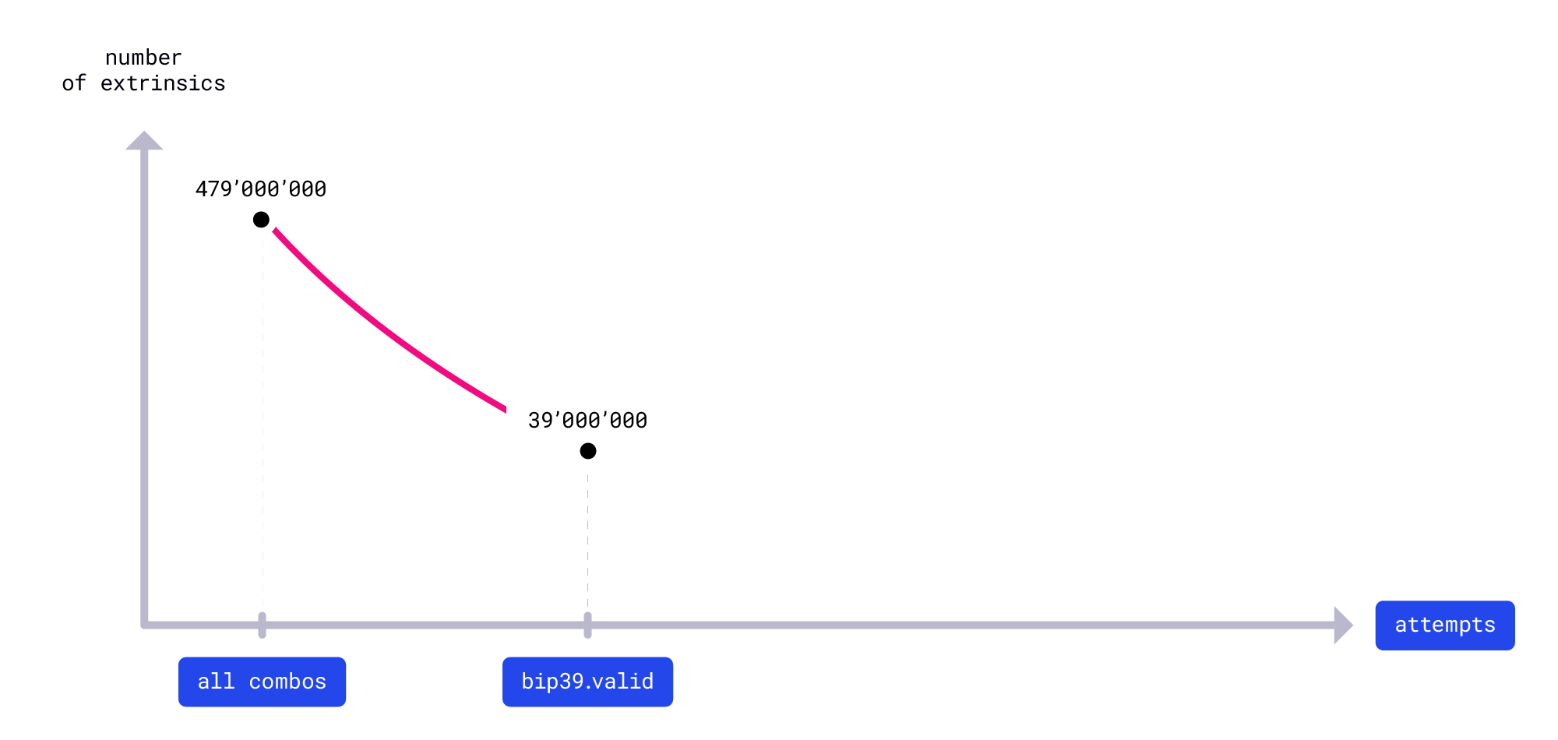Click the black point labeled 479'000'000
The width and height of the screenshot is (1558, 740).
(261, 220)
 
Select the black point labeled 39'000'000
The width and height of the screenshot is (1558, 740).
(588, 451)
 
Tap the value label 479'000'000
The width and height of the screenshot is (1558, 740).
(261, 189)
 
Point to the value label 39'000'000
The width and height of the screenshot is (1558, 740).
(587, 421)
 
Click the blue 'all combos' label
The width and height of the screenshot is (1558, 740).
(262, 682)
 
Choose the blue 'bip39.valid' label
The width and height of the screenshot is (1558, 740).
(587, 682)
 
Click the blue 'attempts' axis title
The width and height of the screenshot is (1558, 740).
(1444, 625)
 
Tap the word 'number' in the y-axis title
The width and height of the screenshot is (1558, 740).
(143, 58)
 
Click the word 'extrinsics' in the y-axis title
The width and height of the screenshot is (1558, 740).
(163, 83)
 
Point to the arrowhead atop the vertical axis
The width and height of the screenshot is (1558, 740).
(144, 141)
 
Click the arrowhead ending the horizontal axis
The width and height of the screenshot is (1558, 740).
(1343, 625)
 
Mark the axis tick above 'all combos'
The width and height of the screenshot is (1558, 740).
(262, 625)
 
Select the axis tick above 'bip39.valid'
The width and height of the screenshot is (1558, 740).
(587, 625)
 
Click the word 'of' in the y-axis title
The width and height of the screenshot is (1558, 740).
(74, 83)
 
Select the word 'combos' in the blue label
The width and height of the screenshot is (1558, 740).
(287, 682)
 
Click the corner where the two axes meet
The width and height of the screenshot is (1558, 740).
(145, 625)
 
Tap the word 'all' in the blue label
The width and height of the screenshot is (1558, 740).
(216, 682)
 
